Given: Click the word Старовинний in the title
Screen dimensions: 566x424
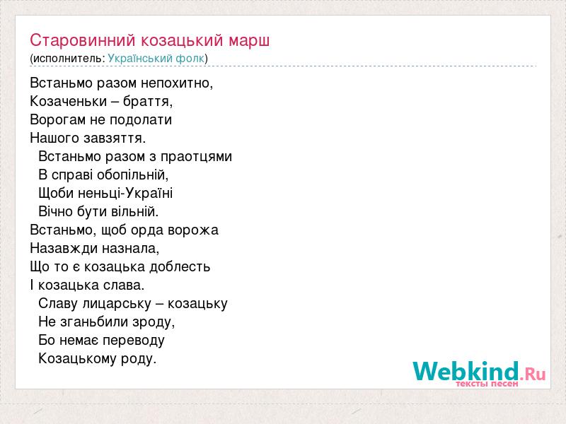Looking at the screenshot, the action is coord(83,40).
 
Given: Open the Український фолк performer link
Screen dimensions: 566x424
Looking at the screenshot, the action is coord(156,58).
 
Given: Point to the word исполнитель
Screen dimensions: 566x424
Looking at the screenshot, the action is coord(67,59).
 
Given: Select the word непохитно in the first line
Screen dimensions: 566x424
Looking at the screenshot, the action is coord(177,83).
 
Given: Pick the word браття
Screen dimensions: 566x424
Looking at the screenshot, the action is coord(148,101).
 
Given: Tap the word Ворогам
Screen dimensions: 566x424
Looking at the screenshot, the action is coord(58,120).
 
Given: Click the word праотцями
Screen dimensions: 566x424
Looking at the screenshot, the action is coord(196,157).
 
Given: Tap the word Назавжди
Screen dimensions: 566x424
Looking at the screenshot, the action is coord(64,249).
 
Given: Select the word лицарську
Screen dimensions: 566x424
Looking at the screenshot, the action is coord(117,304).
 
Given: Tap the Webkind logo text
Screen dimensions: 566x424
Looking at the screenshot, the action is coord(480,371).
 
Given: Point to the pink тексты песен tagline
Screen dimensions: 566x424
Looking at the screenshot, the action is coord(487,384).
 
